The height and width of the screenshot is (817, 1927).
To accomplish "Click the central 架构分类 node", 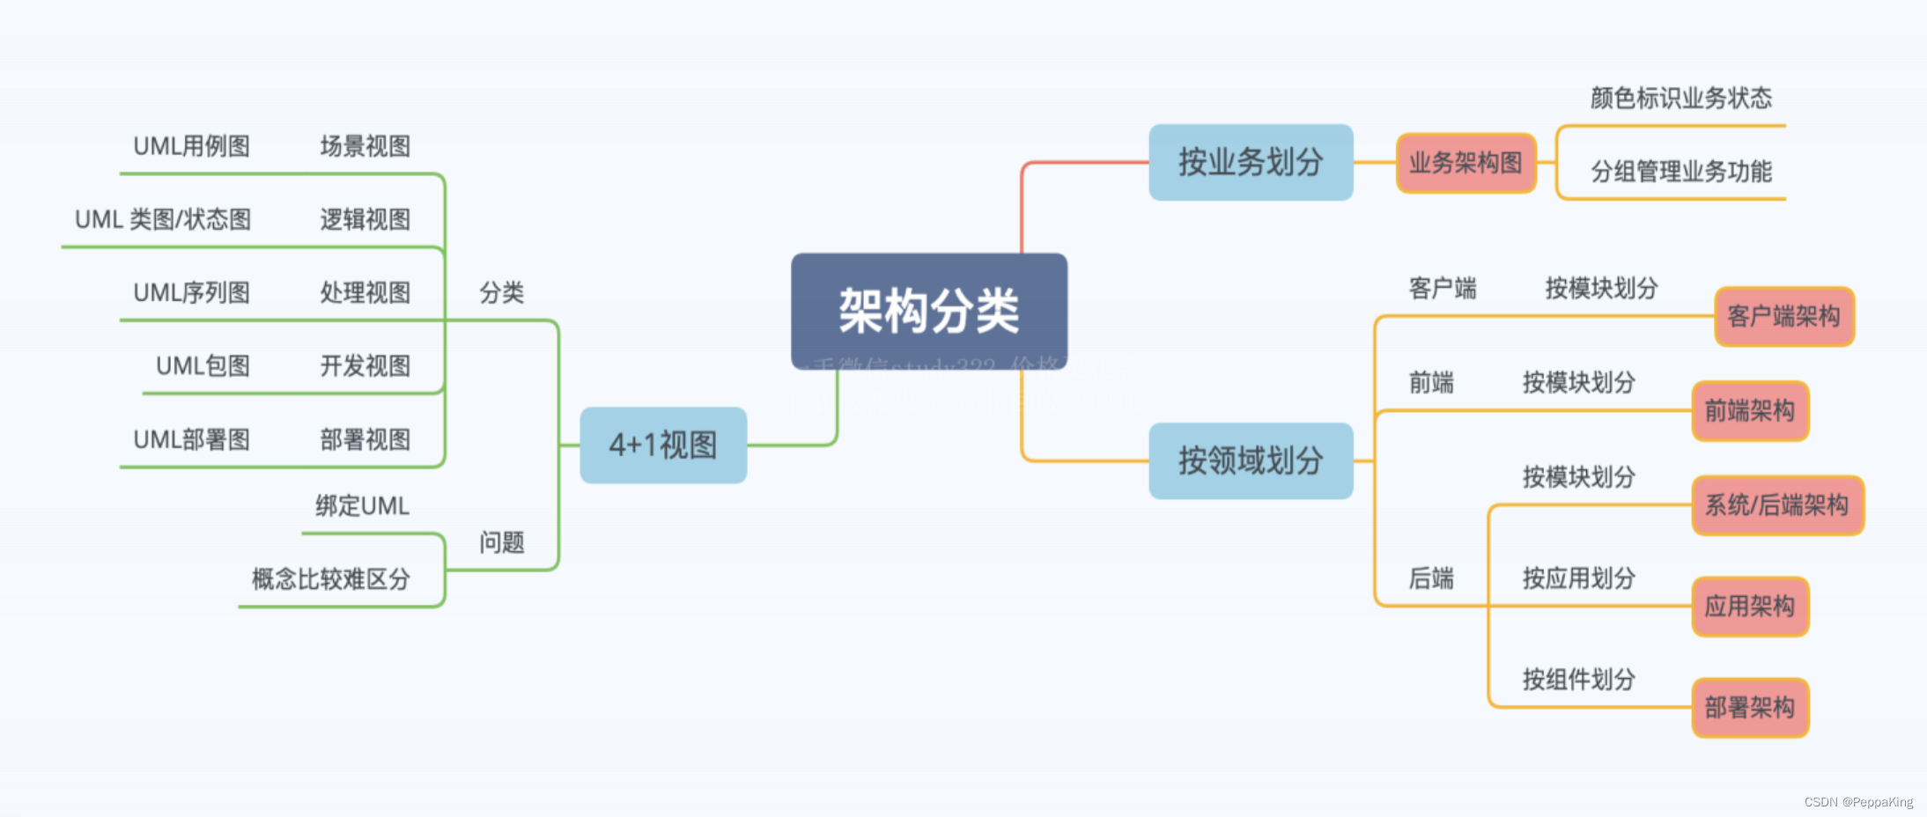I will [929, 311].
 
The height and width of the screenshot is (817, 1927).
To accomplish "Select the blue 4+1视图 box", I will [663, 445].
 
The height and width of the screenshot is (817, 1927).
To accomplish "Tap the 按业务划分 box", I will [1251, 162].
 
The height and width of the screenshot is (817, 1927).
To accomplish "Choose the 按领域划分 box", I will [1251, 460].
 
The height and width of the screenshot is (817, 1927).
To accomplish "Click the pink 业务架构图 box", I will [1466, 163].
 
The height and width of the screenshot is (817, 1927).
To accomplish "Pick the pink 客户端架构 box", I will [1783, 316].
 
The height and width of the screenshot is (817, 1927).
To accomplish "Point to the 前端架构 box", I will [1749, 410].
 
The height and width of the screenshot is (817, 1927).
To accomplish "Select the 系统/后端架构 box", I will [1777, 505].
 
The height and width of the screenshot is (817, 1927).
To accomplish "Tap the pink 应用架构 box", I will [1749, 607].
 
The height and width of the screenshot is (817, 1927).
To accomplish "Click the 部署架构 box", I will [1749, 708].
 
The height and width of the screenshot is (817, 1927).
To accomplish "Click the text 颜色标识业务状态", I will [1680, 98].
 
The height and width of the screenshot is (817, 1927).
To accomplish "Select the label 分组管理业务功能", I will [1680, 172].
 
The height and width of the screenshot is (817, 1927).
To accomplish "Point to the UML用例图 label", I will [191, 146].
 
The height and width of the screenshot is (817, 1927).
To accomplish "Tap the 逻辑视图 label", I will [365, 219].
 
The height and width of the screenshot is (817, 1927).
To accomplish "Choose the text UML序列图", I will [191, 292].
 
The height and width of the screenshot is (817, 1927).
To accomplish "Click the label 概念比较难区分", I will [330, 579].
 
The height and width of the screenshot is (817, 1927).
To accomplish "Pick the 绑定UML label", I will [362, 506].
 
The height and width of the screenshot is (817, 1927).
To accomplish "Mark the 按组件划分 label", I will [1578, 680].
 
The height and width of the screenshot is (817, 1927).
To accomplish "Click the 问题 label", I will [501, 542].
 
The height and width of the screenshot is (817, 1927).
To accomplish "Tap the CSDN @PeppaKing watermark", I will [1858, 802].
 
